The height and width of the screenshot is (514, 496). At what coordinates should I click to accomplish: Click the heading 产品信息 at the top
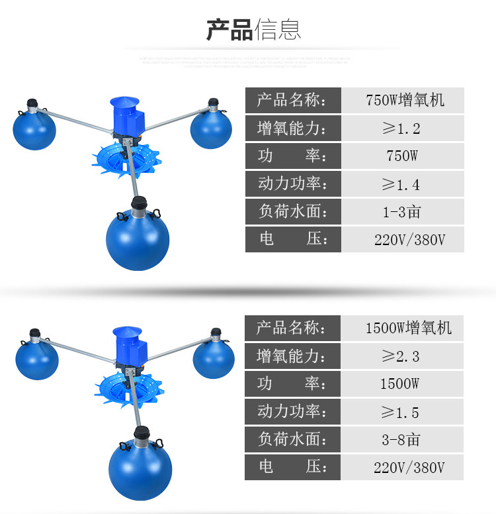tap(253, 30)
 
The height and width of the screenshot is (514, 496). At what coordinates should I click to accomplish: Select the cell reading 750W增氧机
tap(405, 100)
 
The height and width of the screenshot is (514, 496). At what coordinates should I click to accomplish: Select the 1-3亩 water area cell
tap(401, 212)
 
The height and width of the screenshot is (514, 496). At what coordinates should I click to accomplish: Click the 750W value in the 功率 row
tap(401, 156)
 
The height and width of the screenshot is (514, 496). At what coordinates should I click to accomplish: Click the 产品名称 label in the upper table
tap(292, 100)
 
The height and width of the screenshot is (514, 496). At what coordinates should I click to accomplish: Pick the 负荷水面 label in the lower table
tap(292, 440)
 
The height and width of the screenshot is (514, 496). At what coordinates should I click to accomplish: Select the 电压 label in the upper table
tap(292, 239)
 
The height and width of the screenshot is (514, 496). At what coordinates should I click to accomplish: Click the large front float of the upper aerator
tap(138, 238)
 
